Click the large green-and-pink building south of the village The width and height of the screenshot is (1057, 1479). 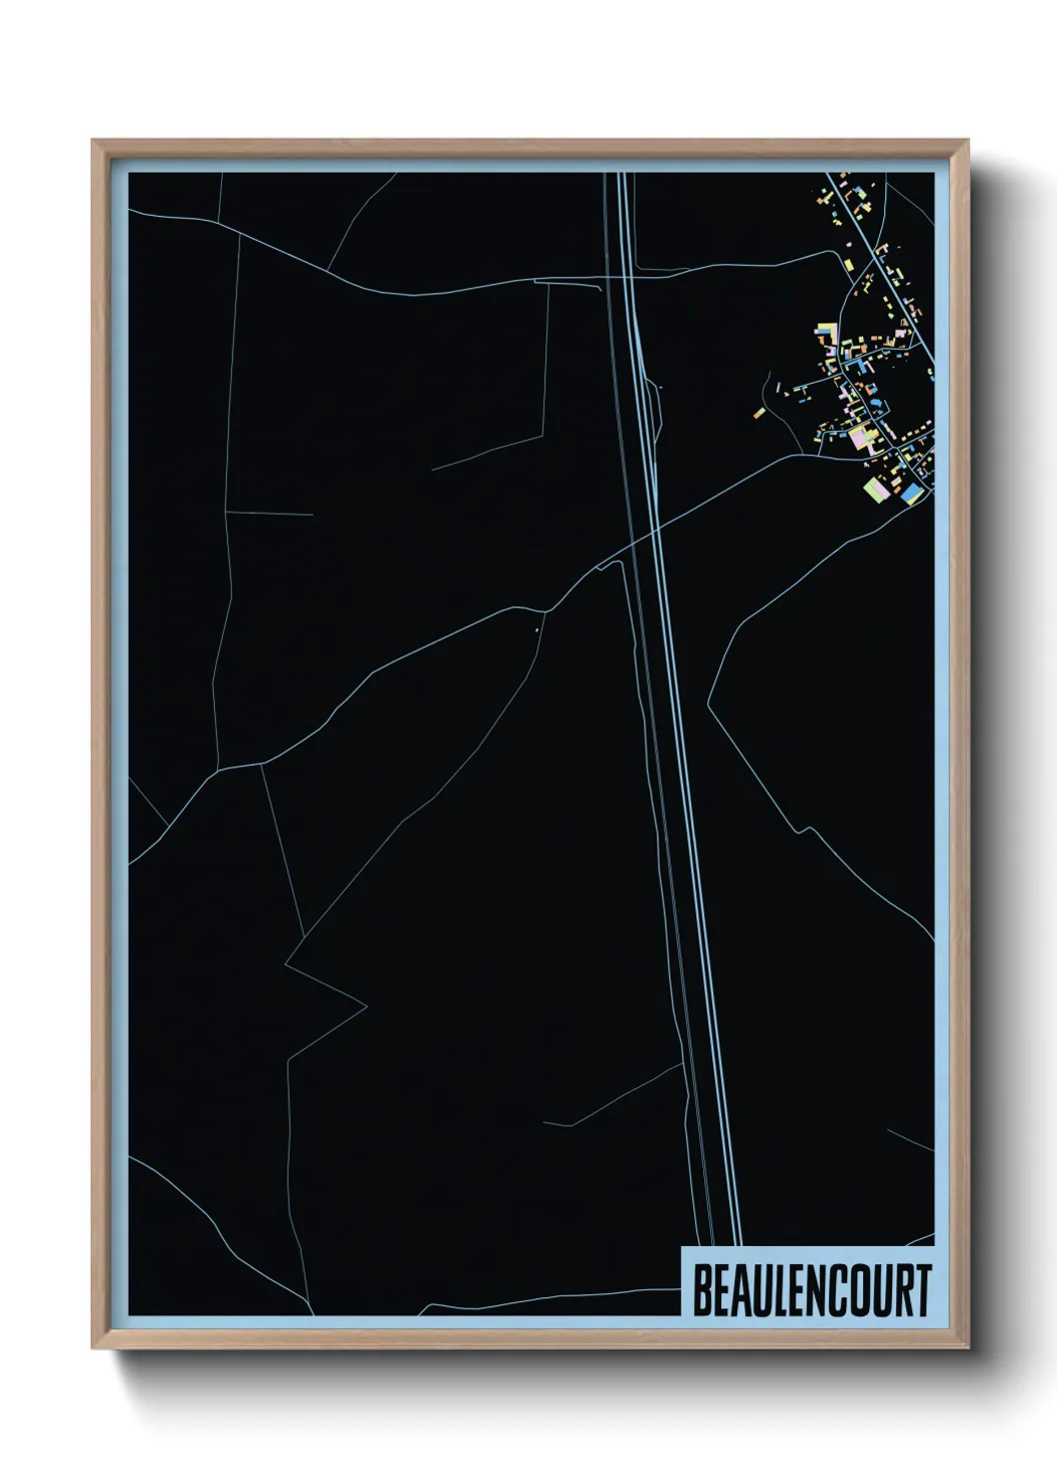tap(876, 489)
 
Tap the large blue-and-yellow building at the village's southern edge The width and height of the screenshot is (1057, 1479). tap(911, 494)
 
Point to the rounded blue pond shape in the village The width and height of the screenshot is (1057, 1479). tap(875, 402)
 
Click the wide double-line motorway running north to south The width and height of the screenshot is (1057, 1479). tap(689, 799)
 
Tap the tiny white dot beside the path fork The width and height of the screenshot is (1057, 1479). tap(537, 629)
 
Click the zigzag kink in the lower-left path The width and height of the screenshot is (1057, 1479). tap(290, 964)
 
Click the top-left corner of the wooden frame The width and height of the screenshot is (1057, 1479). tap(95, 143)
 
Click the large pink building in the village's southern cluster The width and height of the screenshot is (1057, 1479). tap(859, 437)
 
